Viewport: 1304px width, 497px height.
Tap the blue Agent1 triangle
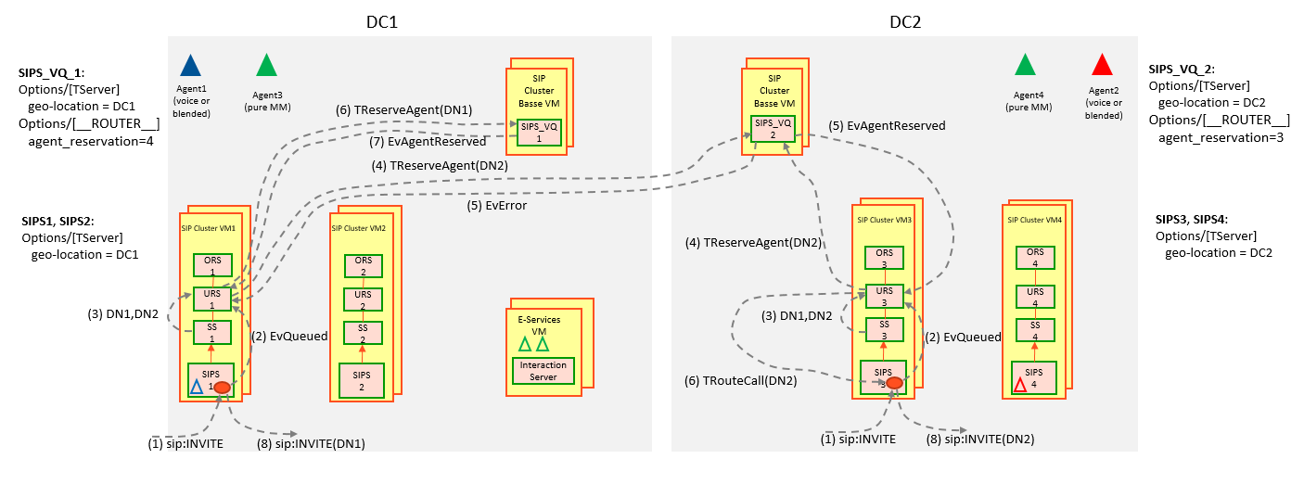point(190,66)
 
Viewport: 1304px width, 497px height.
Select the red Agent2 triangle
point(1102,65)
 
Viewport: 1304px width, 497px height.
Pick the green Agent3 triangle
point(266,66)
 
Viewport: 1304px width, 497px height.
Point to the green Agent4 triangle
point(1025,65)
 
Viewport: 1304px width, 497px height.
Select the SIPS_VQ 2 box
point(773,129)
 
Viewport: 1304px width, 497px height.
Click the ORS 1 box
point(212,265)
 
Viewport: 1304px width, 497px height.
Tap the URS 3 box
point(884,298)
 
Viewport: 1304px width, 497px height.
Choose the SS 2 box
point(363,334)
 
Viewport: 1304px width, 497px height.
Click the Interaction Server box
point(543,371)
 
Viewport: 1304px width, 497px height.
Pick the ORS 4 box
point(1035,258)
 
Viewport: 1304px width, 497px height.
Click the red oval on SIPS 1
point(223,389)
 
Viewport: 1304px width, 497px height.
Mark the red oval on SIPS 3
point(894,383)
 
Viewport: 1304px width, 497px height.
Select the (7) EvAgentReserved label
point(440,142)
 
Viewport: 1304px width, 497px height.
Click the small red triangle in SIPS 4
point(1019,385)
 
